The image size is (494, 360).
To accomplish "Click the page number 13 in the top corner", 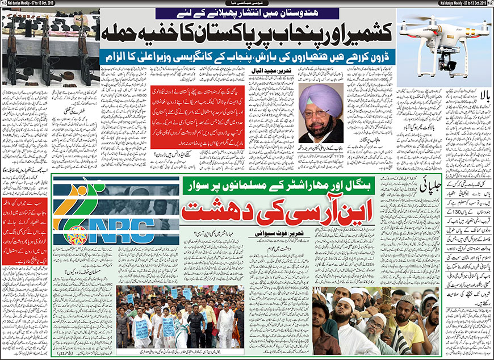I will (x=3, y=5).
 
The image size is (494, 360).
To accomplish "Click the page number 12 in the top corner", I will (x=490, y=5).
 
